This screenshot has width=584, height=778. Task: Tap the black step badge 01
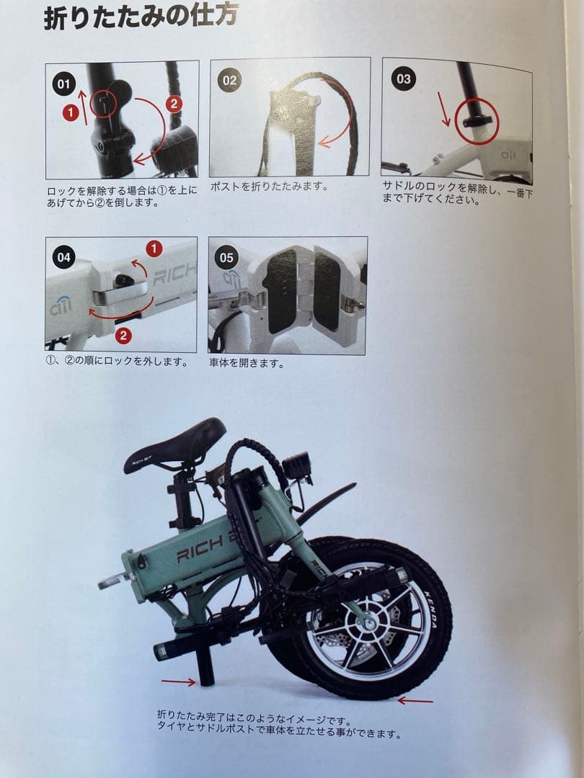point(64,84)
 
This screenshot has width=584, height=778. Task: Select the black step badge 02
point(229,80)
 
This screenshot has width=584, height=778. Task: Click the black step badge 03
point(403,78)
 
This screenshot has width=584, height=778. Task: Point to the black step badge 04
point(64,257)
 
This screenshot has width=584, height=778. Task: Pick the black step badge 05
point(227,257)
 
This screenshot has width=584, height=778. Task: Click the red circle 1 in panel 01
point(70,112)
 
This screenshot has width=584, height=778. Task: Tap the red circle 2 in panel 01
point(173,103)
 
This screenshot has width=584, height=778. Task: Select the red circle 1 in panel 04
point(154,249)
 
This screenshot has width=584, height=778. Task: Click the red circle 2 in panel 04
point(123,335)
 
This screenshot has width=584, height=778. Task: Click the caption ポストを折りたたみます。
point(269,187)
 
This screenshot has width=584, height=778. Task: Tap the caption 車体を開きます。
point(246,364)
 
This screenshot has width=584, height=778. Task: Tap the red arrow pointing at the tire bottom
point(415,699)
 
